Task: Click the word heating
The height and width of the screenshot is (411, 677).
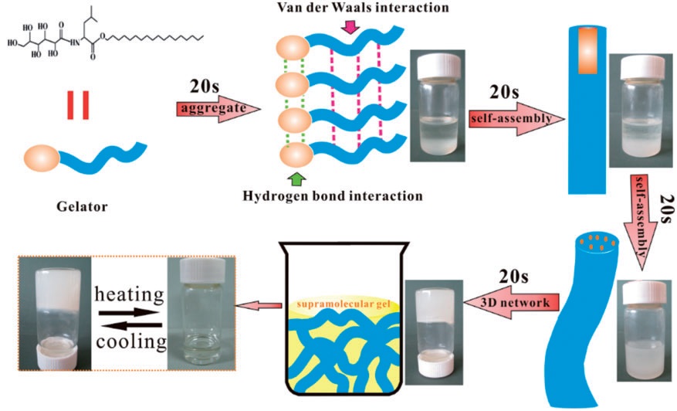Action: point(130,294)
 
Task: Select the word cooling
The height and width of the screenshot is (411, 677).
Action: point(130,341)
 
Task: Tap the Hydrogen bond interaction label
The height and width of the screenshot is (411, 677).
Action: point(344,196)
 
